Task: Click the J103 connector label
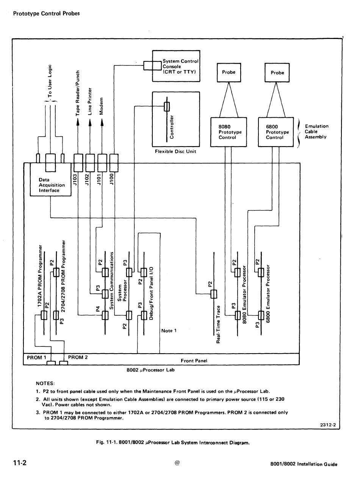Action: [75, 179]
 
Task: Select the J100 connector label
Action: [111, 179]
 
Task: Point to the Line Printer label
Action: [90, 101]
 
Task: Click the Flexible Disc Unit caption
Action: [175, 151]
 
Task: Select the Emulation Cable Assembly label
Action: [316, 131]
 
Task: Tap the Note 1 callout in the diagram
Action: [169, 330]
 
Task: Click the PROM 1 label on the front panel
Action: [36, 357]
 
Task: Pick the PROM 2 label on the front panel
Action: [78, 357]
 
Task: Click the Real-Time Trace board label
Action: [218, 324]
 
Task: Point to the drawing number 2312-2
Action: [328, 425]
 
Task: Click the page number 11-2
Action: [20, 463]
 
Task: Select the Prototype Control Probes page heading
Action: [46, 14]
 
